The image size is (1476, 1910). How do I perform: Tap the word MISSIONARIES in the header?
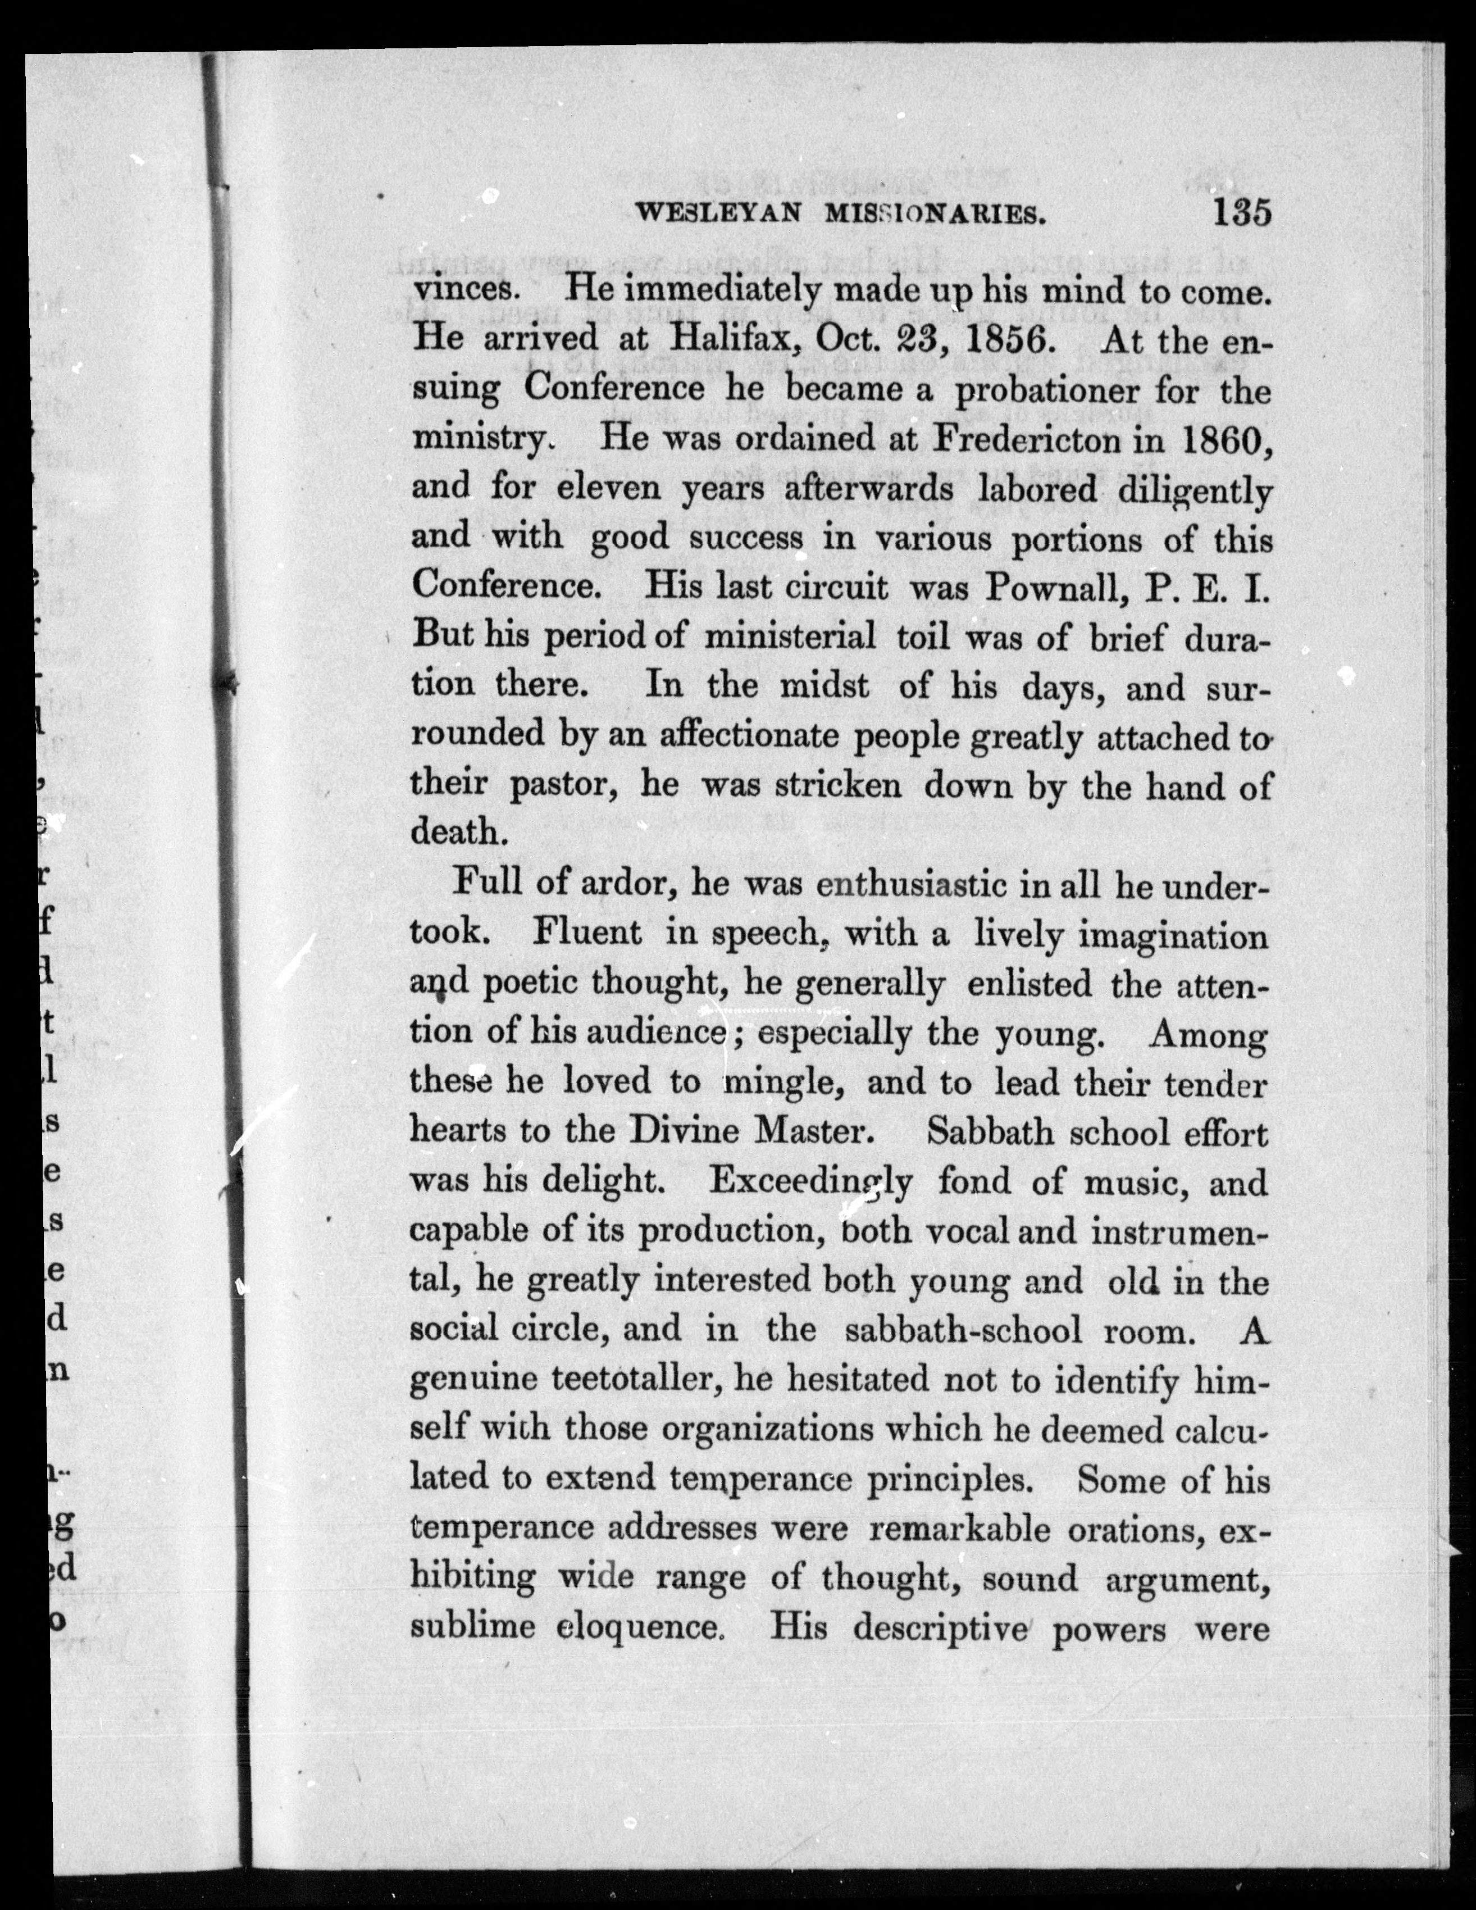click(936, 213)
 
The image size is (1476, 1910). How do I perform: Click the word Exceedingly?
click(810, 1183)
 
